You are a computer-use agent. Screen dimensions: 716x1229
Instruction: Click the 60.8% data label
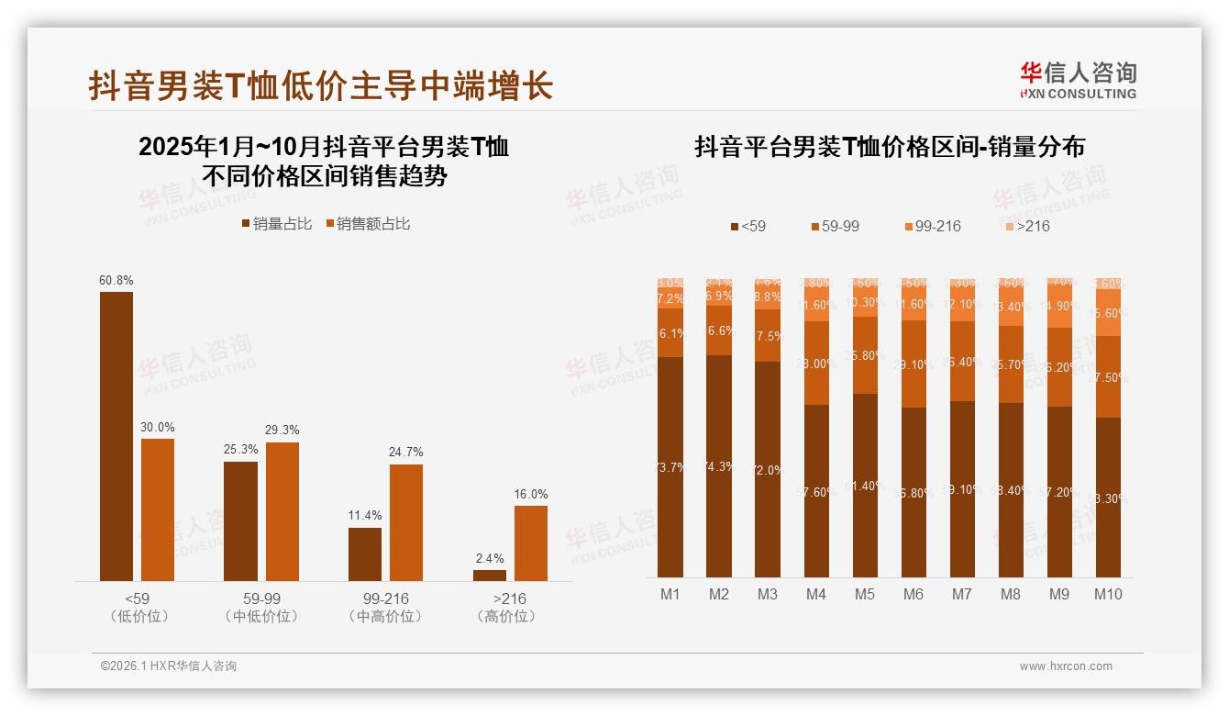116,280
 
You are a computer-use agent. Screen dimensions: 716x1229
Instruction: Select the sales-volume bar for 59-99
240,520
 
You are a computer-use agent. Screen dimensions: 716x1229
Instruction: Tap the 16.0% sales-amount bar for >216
530,543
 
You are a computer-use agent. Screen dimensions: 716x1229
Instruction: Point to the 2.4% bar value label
489,558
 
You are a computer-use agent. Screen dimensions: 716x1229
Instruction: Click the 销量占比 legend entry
276,224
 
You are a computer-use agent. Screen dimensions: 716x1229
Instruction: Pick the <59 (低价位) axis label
138,608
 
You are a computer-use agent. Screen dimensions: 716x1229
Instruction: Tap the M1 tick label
670,594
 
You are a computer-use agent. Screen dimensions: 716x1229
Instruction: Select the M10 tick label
1108,594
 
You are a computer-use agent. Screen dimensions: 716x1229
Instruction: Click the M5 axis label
865,594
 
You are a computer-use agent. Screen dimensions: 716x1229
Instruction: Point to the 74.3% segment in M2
719,466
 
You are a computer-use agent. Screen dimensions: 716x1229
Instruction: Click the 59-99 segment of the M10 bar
1108,376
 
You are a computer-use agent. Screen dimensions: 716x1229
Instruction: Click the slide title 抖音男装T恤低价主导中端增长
321,86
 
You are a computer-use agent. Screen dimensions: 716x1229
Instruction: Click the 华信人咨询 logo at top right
1078,80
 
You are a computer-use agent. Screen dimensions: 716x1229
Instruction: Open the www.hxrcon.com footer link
1066,666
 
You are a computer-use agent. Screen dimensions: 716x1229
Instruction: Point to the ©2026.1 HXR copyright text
169,666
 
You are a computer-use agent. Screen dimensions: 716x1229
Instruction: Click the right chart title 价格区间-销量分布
890,147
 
